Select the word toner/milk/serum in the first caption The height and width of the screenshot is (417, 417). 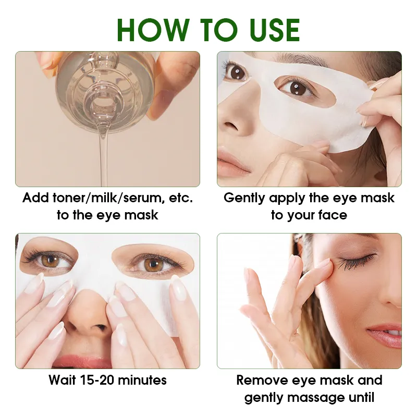coord(117,198)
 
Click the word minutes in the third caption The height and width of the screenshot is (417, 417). coord(142,380)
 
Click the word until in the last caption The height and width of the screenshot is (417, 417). coord(361,398)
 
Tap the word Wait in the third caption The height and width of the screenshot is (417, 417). coord(63,380)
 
